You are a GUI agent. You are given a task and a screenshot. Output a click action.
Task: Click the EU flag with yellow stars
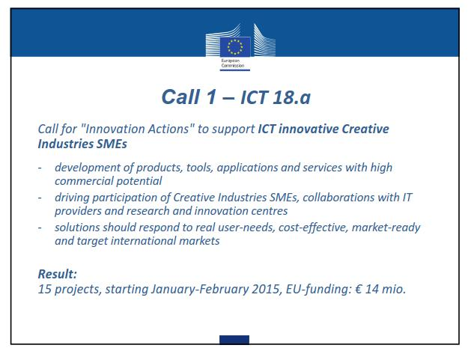[x=235, y=46]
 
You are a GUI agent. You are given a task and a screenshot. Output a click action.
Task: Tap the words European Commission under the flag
[x=233, y=63]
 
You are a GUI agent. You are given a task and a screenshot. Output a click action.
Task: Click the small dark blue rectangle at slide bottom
[x=234, y=340]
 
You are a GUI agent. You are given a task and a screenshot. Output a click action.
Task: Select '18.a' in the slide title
[x=291, y=97]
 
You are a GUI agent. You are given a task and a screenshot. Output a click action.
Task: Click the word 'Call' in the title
[x=180, y=97]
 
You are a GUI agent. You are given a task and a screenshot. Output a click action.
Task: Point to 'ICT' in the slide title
[x=254, y=97]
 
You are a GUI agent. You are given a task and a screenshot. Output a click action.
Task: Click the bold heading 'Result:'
[x=58, y=274]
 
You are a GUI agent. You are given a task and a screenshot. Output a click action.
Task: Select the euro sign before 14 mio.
[x=359, y=289]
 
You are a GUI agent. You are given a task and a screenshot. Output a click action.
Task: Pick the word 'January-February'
[x=200, y=289]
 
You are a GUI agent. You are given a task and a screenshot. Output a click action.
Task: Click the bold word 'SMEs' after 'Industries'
[x=112, y=144]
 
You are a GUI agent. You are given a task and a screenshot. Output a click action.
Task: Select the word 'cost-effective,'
[x=313, y=228]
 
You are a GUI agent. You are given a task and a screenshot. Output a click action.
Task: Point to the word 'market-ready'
[x=386, y=228]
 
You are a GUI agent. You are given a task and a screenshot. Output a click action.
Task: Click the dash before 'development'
[x=40, y=168]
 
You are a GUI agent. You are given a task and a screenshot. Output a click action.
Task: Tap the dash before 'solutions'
[x=40, y=228]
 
